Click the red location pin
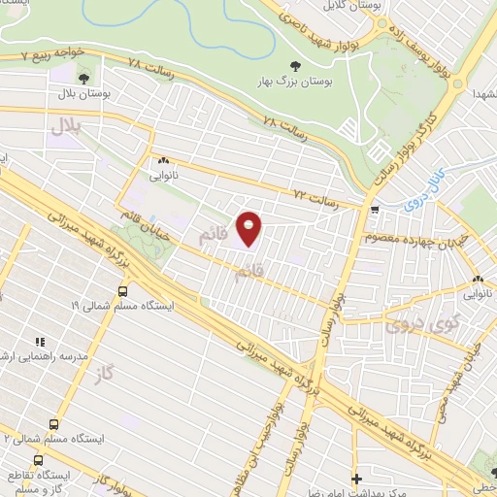[x=249, y=228]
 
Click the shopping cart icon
[x=375, y=209]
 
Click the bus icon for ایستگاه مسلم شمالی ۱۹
[x=122, y=290]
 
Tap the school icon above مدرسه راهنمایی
[x=41, y=341]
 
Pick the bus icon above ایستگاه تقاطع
[x=39, y=460]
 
